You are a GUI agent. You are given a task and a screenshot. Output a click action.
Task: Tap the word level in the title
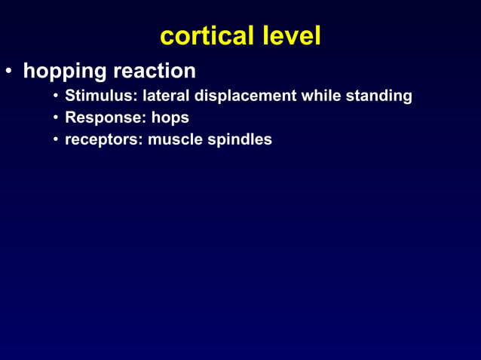291,35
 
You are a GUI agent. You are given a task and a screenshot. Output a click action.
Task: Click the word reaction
155,72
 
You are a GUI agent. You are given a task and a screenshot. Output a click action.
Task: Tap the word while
322,96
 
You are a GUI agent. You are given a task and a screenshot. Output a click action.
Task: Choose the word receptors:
102,139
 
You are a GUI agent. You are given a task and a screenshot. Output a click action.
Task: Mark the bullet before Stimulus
56,97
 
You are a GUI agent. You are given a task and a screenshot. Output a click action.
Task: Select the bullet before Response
56,119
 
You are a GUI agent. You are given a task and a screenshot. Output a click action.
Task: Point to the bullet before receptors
56,140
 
